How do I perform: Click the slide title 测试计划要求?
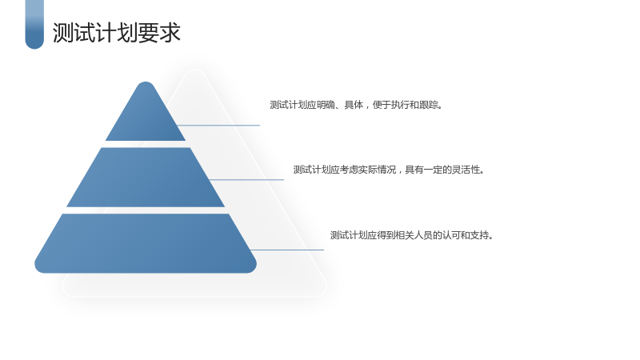(116, 33)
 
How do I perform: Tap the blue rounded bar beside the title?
(34, 25)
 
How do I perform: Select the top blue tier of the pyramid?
(146, 111)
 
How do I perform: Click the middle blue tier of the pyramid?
(146, 177)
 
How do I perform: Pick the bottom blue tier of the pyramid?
(146, 243)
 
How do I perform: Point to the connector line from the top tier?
(218, 126)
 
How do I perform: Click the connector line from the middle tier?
(246, 179)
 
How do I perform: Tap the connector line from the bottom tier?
(287, 250)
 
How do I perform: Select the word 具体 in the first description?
(354, 105)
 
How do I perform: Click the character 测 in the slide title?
(63, 33)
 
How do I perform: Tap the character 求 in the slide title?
(170, 33)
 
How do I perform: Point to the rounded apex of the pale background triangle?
(194, 70)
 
